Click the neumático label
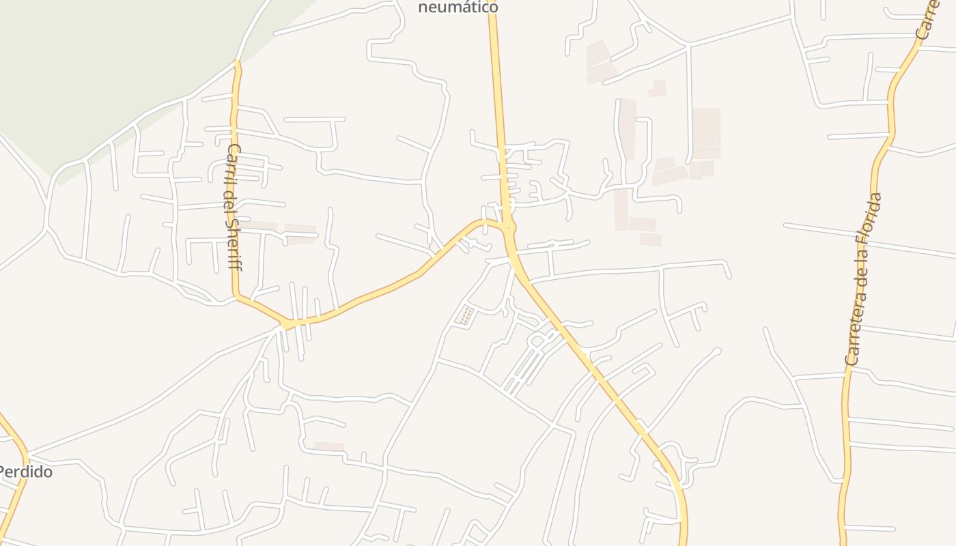tap(458, 8)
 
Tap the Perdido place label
tap(25, 472)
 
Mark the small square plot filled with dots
tap(465, 316)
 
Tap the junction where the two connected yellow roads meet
tap(508, 227)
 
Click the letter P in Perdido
tap(3, 472)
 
